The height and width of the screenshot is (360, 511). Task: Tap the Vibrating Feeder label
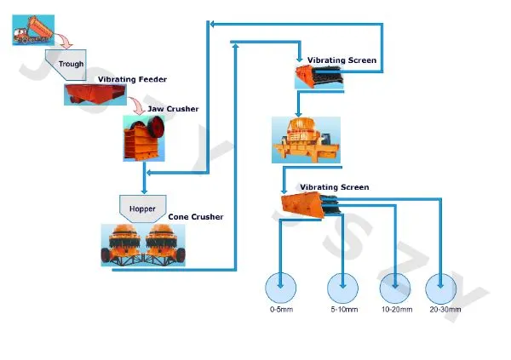132,79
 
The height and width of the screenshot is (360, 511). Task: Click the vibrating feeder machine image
91,93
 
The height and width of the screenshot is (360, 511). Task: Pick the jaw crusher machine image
146,139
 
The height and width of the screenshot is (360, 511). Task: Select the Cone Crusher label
196,217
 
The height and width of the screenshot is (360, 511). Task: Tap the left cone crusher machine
124,243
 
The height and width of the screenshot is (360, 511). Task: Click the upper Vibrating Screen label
342,60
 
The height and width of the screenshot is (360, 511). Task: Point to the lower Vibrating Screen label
334,186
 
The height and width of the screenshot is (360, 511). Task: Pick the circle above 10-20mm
396,288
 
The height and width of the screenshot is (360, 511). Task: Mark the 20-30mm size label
445,309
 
